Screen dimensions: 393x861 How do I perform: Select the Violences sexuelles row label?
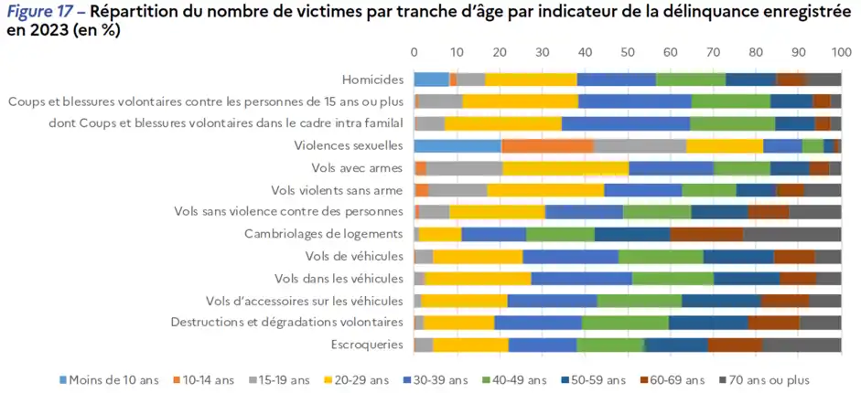(x=349, y=145)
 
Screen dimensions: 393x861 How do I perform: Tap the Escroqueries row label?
(x=368, y=345)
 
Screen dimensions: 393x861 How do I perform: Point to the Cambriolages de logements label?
(x=323, y=234)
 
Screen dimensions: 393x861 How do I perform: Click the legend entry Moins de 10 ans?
(x=114, y=379)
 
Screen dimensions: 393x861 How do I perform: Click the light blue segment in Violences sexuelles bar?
(x=457, y=145)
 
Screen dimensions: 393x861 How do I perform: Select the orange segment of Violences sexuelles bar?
(x=547, y=145)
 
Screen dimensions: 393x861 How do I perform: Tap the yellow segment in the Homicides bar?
(x=531, y=79)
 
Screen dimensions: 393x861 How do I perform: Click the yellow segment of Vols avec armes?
(x=565, y=167)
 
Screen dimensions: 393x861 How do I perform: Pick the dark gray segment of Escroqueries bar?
(x=801, y=345)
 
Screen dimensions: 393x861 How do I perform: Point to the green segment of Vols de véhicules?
(x=661, y=256)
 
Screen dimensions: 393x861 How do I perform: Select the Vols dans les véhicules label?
(x=339, y=278)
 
